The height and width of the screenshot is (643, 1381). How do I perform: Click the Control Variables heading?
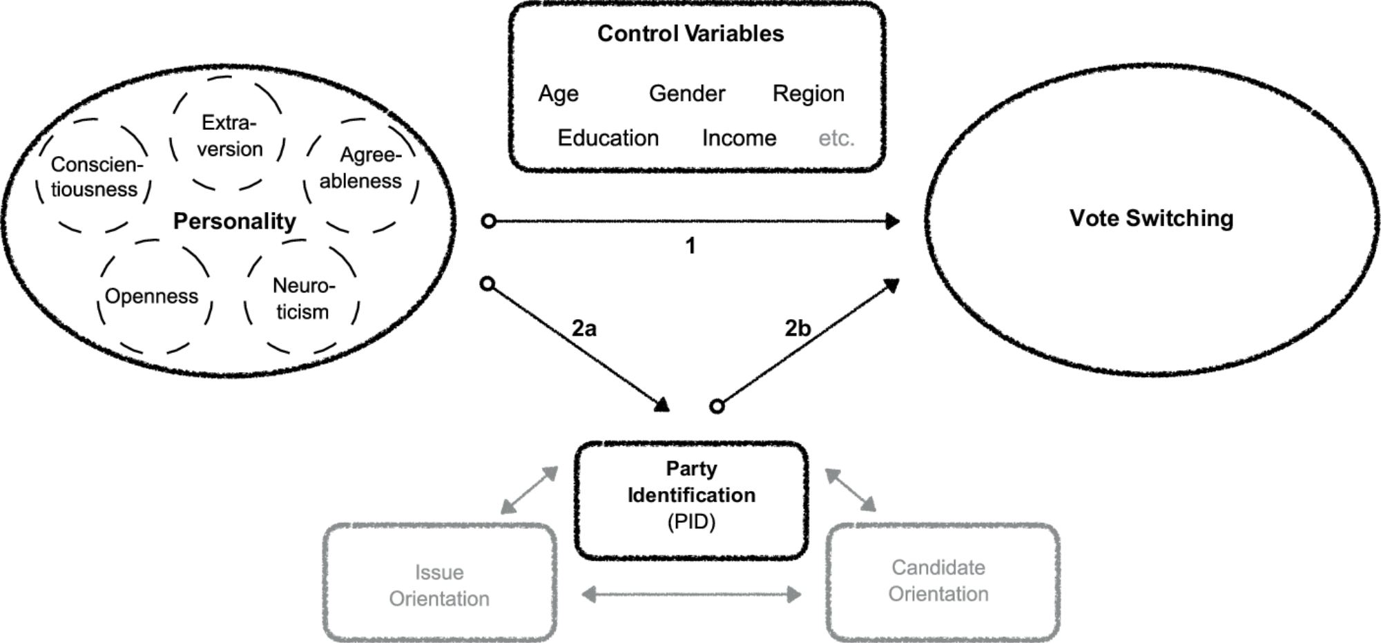690,34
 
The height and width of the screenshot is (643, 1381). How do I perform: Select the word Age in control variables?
559,94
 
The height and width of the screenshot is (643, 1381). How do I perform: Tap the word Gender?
687,94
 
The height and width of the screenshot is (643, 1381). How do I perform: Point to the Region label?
809,94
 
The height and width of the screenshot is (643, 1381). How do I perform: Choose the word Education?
608,138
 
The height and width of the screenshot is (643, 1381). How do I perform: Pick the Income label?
739,138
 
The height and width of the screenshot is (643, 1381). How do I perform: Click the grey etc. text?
836,138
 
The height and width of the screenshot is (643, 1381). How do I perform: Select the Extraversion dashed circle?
229,135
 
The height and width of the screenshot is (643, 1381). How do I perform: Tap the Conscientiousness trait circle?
94,177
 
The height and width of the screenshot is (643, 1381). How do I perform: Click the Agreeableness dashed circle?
361,169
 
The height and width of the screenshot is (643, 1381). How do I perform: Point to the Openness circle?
152,296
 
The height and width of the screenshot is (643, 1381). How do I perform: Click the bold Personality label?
234,221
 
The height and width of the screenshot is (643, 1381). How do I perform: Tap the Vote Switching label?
1151,218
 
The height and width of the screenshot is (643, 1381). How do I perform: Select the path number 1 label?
690,246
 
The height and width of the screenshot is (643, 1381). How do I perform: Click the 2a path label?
584,328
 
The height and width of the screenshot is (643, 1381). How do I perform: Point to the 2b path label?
798,328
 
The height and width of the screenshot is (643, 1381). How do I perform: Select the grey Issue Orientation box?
439,584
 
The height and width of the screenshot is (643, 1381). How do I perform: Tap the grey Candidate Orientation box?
938,581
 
